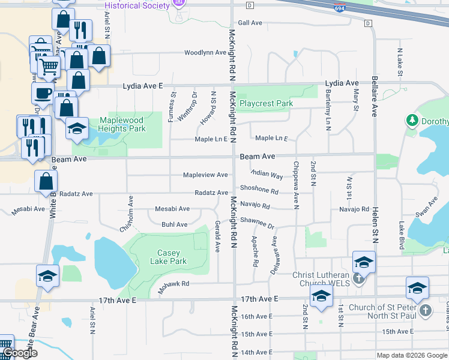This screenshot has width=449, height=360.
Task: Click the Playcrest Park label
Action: [266, 103]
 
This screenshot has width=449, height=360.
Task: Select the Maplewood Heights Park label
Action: [122, 124]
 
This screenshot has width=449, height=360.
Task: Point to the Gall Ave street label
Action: [250, 23]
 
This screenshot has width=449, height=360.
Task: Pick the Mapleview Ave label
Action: [205, 175]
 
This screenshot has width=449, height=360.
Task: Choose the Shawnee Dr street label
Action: [257, 223]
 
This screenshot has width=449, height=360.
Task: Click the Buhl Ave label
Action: [174, 224]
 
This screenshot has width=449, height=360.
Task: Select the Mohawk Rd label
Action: [174, 284]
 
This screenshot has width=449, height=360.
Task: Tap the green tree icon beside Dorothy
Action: [412, 121]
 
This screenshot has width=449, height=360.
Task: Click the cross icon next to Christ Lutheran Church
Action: [359, 277]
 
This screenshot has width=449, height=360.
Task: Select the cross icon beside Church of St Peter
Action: [425, 310]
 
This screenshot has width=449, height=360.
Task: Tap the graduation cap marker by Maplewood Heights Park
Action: [77, 129]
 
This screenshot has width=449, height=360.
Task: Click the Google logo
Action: [20, 353]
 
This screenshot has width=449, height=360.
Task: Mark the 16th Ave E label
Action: [256, 316]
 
